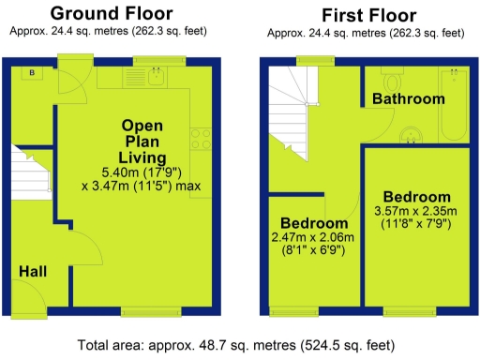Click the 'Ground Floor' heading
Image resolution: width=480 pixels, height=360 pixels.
(111, 13)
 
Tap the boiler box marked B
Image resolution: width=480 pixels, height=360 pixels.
(31, 73)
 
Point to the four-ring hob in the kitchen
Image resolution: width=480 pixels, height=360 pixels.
(200, 139)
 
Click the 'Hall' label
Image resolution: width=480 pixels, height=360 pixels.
(33, 272)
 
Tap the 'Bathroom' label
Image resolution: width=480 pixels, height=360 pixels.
(408, 98)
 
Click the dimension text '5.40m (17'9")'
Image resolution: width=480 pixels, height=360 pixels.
(142, 172)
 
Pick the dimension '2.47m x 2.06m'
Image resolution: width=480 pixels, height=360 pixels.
(315, 239)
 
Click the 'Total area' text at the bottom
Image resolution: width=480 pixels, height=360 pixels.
(240, 344)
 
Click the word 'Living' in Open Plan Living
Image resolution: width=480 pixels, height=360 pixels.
(142, 157)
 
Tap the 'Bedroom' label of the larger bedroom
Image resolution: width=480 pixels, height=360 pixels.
(417, 197)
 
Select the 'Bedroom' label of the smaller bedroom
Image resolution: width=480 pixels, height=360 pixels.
(313, 224)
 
